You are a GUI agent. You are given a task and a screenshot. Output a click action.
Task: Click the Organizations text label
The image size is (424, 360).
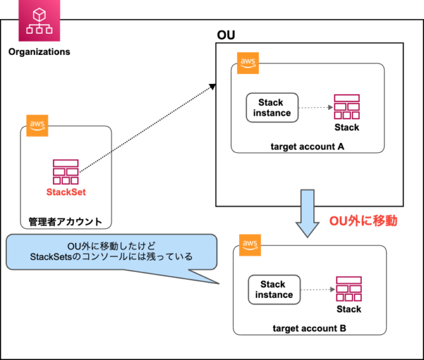(x=39, y=52)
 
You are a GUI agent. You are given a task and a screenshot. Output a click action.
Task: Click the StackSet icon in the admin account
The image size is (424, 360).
(x=66, y=171)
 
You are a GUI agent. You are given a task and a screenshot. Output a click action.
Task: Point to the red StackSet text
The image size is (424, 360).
(x=66, y=193)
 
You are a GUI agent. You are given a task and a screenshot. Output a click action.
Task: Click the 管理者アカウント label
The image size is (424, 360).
(x=65, y=221)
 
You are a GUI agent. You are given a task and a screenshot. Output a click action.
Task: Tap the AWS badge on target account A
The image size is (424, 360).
(x=248, y=63)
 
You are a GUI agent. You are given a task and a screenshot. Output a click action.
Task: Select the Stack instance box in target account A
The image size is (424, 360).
(x=272, y=107)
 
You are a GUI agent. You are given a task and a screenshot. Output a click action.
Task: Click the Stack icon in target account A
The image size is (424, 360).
(x=346, y=107)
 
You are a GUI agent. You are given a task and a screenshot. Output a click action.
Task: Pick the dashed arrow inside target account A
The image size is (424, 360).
(x=315, y=107)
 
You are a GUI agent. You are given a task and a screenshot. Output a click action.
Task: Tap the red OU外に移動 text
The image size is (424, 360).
(x=363, y=221)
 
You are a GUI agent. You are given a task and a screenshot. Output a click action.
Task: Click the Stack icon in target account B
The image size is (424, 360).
(x=348, y=289)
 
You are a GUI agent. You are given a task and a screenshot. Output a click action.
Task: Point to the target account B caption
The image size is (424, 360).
(x=309, y=328)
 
